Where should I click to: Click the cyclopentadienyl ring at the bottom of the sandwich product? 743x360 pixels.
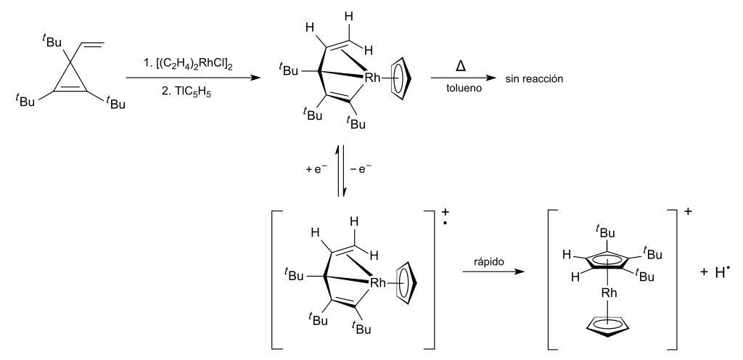[609, 327]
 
